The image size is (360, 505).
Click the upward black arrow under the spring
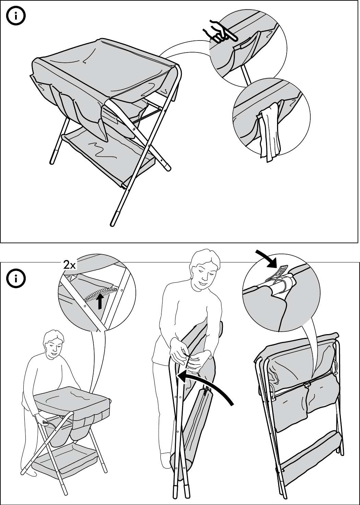pos(99,302)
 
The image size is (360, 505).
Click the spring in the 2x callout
pos(101,293)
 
